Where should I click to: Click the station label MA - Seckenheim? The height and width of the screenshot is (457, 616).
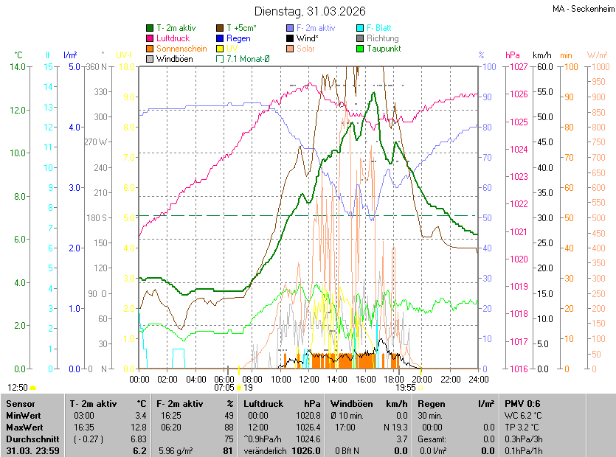click(583, 8)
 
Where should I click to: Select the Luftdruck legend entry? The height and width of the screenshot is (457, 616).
click(174, 38)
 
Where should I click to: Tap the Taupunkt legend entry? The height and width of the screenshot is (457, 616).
click(384, 48)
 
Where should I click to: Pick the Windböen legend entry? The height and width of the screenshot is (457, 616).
click(174, 58)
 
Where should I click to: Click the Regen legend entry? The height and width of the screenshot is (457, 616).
click(238, 38)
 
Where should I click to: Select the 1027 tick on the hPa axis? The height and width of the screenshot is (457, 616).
click(518, 67)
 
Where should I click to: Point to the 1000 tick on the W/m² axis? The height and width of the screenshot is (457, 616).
click(598, 67)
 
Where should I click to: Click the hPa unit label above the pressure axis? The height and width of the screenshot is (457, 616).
click(512, 55)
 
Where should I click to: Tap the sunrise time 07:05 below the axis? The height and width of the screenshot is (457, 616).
click(224, 387)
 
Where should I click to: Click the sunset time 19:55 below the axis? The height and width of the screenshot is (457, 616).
click(406, 387)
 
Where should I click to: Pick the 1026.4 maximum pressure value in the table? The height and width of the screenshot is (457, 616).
click(308, 427)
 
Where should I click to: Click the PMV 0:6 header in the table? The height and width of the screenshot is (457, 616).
click(522, 404)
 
